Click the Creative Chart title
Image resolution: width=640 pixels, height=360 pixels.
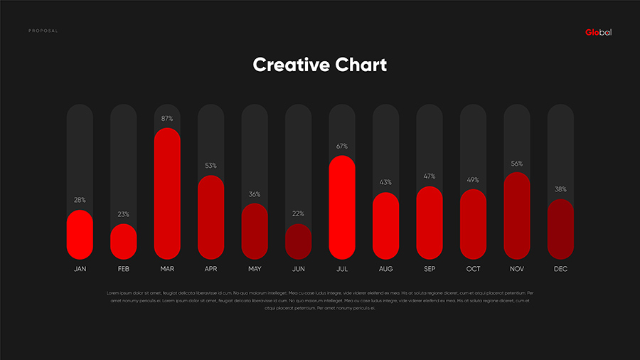click(320, 65)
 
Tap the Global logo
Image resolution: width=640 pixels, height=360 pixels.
click(598, 32)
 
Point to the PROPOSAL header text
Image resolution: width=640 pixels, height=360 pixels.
click(43, 31)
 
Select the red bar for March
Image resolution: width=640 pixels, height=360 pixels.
click(167, 194)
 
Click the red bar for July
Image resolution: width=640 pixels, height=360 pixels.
click(342, 207)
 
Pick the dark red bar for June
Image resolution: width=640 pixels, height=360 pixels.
click(299, 241)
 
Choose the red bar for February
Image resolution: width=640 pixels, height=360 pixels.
click(124, 242)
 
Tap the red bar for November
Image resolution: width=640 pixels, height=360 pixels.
click(517, 216)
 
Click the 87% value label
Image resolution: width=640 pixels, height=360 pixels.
click(167, 119)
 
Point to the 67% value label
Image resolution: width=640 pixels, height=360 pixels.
click(342, 147)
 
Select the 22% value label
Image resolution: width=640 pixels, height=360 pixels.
click(299, 213)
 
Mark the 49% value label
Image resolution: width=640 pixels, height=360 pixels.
click(474, 180)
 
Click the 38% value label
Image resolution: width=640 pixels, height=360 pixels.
click(560, 190)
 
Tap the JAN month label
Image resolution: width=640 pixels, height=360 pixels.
click(80, 270)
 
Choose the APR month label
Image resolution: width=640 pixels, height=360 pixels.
click(211, 270)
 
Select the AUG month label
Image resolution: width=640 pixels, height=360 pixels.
click(386, 270)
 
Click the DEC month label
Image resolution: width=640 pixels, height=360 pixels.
click(560, 270)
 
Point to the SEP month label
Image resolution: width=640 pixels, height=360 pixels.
click(430, 270)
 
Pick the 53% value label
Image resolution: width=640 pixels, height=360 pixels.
click(211, 166)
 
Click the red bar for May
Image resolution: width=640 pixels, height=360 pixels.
click(255, 231)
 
